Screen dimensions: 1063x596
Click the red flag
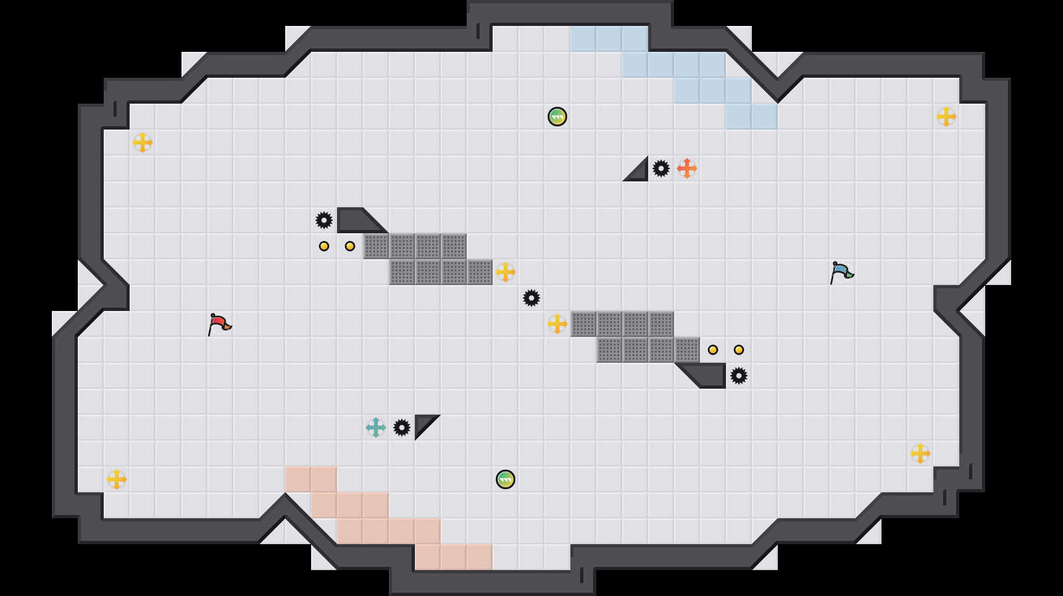click(x=219, y=323)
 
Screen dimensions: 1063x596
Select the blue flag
click(x=841, y=271)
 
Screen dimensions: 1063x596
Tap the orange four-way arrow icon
click(x=687, y=168)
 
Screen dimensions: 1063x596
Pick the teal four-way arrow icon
click(x=376, y=428)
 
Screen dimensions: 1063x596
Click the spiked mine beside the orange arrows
click(x=661, y=168)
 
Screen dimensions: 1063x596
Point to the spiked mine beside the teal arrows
click(x=402, y=428)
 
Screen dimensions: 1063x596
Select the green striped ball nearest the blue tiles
click(x=557, y=117)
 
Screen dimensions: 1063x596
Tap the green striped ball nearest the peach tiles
click(x=506, y=479)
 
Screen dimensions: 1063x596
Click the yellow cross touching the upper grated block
click(x=506, y=272)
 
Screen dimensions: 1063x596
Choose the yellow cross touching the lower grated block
click(x=557, y=324)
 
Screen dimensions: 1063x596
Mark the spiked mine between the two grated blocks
click(x=531, y=298)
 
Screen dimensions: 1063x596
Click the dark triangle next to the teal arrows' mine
click(x=423, y=423)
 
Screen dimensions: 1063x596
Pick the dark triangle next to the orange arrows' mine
click(x=639, y=172)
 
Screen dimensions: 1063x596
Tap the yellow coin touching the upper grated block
click(x=350, y=246)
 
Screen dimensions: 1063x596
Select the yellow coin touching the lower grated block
click(x=713, y=350)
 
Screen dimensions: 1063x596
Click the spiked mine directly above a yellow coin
click(x=324, y=220)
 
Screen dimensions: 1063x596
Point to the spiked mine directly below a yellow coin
click(x=739, y=376)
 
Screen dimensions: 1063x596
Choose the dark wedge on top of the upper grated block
click(x=356, y=220)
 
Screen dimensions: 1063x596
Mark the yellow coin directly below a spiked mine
click(x=324, y=246)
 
